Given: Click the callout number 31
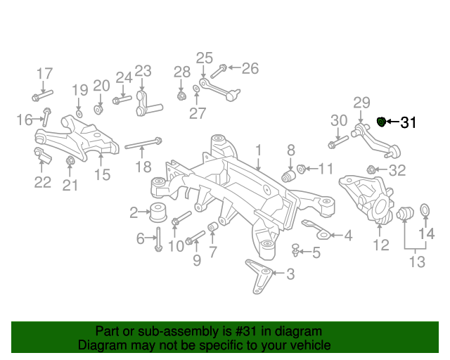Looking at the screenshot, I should pos(409,123).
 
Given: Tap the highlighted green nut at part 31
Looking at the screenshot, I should pos(382,122).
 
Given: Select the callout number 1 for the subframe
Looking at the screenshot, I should pos(258,150).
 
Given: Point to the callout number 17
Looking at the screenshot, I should pos(44,73).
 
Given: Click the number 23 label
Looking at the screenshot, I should pos(143,70).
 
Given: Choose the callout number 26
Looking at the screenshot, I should pos(250,68).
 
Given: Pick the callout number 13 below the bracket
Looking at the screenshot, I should pos(417,262).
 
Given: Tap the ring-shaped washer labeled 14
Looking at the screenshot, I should pos(425,210).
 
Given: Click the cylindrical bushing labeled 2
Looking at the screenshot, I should pos(158,210).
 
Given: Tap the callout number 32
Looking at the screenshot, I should pos(397,169).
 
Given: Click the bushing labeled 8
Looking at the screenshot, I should pos(288,174).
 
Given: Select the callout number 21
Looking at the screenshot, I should pos(70,185).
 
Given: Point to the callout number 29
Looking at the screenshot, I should pos(361,103).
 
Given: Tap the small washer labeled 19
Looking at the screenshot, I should pos(79,112).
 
